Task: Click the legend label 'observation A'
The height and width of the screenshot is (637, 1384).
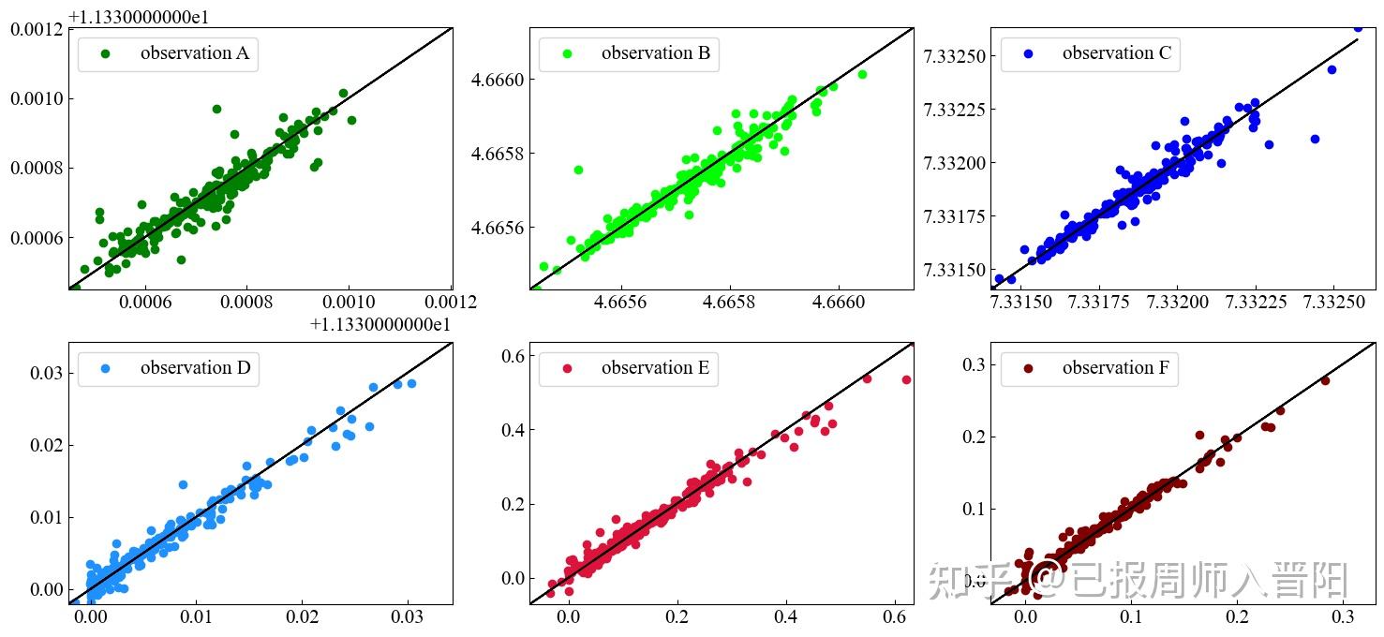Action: pos(194,53)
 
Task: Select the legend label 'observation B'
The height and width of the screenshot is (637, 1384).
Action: pos(655,53)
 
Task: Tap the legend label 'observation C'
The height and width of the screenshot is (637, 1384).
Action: pos(1116,53)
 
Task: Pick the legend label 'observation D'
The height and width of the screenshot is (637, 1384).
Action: pos(195,368)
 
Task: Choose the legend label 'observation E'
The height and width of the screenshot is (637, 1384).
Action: pos(655,368)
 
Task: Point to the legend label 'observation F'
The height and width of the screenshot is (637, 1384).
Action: pos(1115,368)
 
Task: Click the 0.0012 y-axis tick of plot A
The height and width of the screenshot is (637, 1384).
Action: pos(37,29)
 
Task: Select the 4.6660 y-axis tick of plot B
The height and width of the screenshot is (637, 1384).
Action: pos(497,81)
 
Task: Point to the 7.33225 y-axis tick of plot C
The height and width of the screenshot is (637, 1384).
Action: pos(953,111)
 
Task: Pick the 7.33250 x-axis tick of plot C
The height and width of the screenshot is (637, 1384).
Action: pos(1333,303)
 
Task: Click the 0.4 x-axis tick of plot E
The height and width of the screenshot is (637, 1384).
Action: pos(786,618)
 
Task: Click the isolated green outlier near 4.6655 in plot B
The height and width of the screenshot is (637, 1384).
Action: pos(578,170)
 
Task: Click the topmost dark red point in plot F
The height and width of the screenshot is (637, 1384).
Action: pos(1325,380)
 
